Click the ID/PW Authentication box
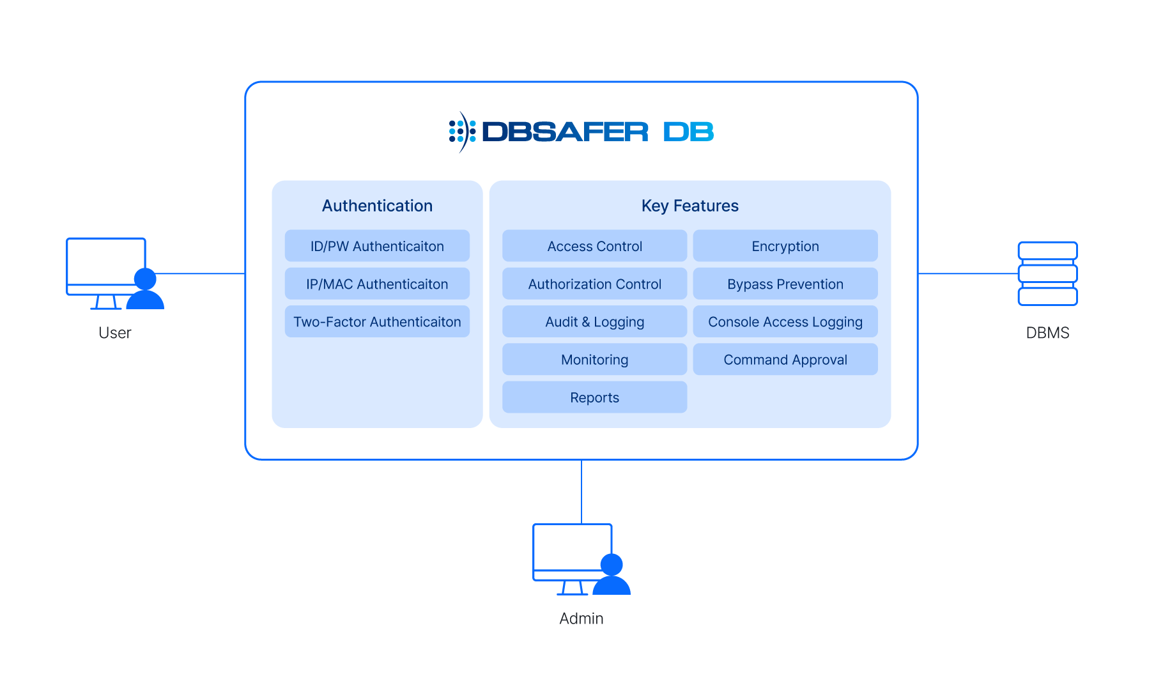[377, 246]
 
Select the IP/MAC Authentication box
[377, 284]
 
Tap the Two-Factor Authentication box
[377, 321]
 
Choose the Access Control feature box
[594, 246]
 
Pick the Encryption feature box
[785, 246]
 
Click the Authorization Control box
[594, 284]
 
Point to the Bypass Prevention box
[785, 284]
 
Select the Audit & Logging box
[594, 321]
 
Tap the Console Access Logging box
[785, 321]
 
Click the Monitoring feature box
[594, 359]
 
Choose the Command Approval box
[785, 359]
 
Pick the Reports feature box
[594, 397]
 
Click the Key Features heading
[690, 206]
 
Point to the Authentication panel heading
[377, 206]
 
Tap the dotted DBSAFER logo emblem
[462, 132]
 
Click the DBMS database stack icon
[1047, 273]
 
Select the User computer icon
[115, 273]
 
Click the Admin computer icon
[581, 559]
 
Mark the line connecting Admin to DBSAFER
[581, 492]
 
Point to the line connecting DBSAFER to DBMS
[968, 273]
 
